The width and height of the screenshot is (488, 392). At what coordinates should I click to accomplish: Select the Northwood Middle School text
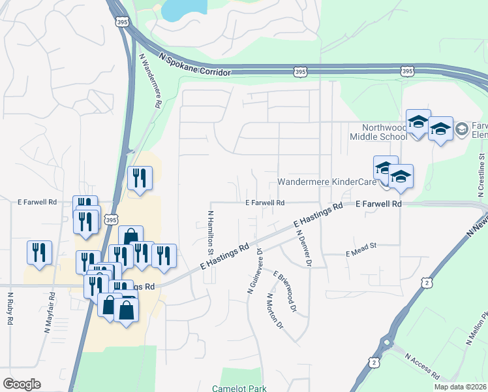click(378, 132)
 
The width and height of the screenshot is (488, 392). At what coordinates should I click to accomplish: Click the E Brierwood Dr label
click(285, 290)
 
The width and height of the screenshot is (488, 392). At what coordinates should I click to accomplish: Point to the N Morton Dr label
click(274, 311)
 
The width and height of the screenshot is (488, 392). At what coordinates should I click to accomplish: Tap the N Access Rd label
click(422, 366)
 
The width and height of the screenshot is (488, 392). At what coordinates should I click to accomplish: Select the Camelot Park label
click(244, 388)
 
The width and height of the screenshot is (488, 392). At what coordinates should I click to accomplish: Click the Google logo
click(22, 384)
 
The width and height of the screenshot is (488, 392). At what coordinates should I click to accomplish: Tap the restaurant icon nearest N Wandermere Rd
click(140, 178)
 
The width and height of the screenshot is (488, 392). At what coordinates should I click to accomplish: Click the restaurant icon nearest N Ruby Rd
click(39, 253)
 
